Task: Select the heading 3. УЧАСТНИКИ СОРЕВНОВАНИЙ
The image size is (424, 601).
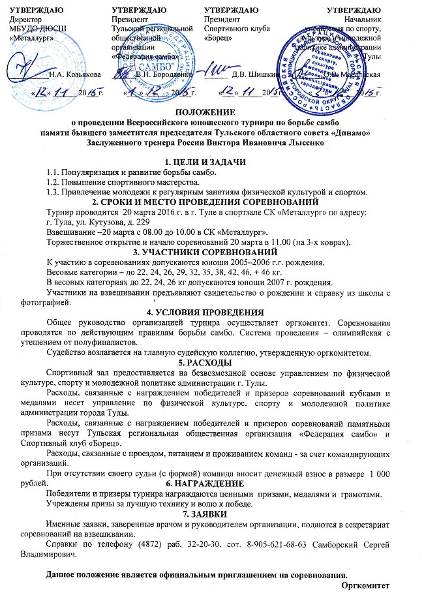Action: (x=211, y=252)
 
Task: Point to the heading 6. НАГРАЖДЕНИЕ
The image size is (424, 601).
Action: (x=205, y=465)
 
